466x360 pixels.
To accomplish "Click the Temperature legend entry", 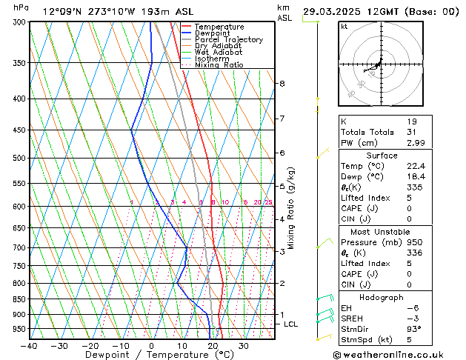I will (x=219, y=27).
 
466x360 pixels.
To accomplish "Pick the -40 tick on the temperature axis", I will (x=29, y=347).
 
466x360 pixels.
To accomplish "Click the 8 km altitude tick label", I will (x=282, y=84).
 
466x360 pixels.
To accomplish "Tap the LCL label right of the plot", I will (x=290, y=324).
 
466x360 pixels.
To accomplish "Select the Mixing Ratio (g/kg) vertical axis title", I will (x=292, y=207).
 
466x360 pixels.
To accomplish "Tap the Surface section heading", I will (x=382, y=156).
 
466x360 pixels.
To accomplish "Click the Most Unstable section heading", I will (x=382, y=232).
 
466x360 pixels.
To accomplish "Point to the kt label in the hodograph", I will (x=344, y=27).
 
